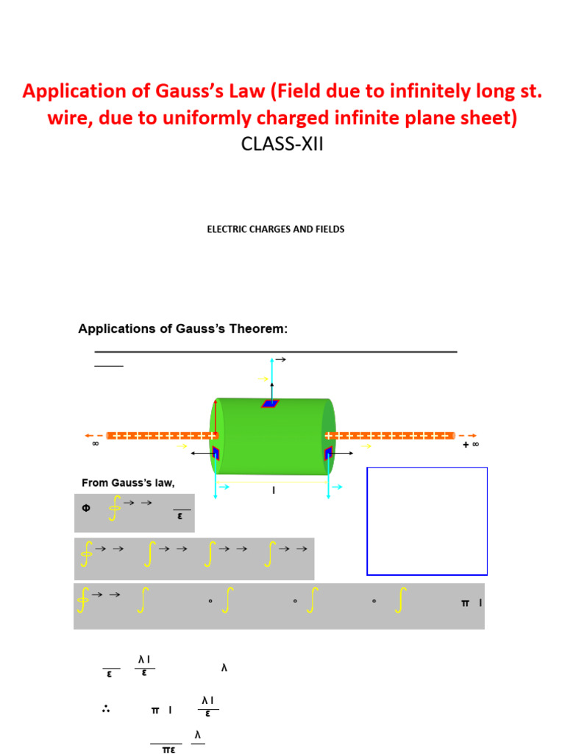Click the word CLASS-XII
282,144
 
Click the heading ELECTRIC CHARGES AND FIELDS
276,229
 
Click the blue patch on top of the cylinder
271,404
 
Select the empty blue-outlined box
427,520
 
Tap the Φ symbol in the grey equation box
85,510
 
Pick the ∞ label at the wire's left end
95,445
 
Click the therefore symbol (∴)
106,710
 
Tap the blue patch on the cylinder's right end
327,453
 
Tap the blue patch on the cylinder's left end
216,453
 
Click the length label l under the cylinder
274,490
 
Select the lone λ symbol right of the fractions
224,668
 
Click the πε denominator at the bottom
167,750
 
